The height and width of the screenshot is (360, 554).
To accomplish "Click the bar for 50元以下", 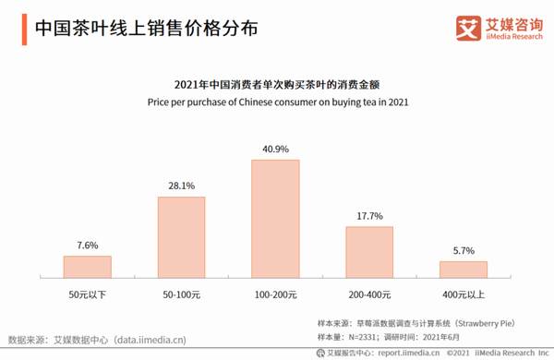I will pos(87,267).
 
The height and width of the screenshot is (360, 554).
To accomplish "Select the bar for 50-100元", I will pos(181,237).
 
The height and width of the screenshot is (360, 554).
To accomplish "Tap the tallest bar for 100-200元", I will pos(275,219).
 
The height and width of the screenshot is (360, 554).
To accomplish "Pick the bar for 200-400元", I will pos(369,252).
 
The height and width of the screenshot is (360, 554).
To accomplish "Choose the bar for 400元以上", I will pos(464,270).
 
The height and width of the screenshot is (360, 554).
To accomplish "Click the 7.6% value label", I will pos(87,246).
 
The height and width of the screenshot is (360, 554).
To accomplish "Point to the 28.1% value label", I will pos(181,186).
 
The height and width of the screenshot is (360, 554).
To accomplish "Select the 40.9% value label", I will pos(275,149).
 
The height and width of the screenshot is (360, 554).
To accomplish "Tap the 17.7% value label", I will pos(369,216).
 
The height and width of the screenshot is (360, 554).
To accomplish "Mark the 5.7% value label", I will pos(464,251).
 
